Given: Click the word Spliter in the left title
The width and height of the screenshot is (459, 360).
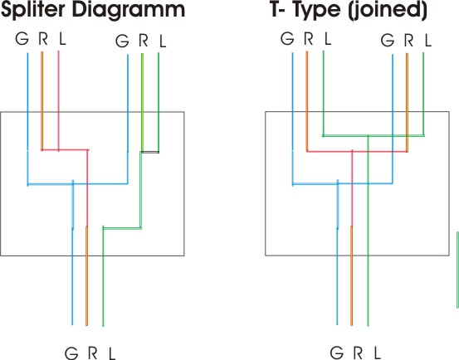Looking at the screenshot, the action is pos(33,11).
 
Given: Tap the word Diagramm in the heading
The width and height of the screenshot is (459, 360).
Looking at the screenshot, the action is pos(129,11).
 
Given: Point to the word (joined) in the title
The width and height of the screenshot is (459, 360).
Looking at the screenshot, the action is pos(388,11).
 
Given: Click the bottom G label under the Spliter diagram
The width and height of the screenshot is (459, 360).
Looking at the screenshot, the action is pos(71,353).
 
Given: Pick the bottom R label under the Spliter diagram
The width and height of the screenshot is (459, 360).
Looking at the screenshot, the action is pos(93,353).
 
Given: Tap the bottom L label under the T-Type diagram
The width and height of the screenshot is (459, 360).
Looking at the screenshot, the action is pos(378,353).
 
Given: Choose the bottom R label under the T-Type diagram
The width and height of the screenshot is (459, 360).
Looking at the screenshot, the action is pos(359,353).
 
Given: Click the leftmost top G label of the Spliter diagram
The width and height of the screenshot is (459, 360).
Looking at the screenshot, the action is pos(22,39).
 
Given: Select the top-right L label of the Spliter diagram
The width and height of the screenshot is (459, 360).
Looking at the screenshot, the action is pos(163,41).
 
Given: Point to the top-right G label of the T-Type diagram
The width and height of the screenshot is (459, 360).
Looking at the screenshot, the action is pos(388,41).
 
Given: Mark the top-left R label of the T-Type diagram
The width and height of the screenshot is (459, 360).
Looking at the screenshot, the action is pos(309,39).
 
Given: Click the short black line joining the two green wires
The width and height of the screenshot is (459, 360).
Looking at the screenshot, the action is pos(150,152).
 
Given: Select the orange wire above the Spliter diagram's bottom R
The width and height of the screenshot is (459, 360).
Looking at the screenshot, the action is pos(86,275).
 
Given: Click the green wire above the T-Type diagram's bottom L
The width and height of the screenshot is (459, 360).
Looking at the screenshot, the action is pos(368,231).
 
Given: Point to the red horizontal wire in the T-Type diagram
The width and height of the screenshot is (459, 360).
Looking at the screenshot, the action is pos(357,151).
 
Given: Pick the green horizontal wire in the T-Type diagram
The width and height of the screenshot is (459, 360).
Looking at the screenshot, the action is pos(374,135).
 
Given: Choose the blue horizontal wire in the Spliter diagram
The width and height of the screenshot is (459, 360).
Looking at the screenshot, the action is pos(77,184).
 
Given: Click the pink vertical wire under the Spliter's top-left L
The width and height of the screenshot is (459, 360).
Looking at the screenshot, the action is pos(59,101).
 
